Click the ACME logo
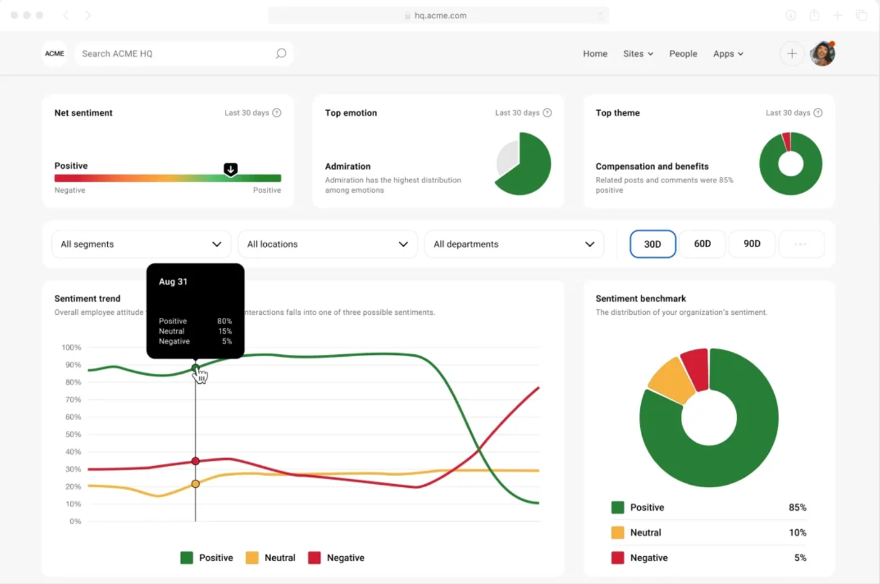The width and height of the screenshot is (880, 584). click(54, 54)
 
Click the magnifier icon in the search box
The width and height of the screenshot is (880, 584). click(281, 54)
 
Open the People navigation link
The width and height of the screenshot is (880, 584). click(683, 54)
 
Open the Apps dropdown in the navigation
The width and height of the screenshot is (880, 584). click(728, 54)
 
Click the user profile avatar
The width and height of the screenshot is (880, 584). click(822, 54)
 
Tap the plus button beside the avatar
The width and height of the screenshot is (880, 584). click(792, 54)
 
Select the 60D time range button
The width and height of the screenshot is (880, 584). click(702, 244)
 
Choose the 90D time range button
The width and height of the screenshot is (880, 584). click(752, 244)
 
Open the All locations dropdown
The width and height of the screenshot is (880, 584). click(327, 244)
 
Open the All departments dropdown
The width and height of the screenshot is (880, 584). click(514, 244)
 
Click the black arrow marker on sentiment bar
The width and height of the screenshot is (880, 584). click(230, 169)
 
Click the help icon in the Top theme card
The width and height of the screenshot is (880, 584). click(818, 113)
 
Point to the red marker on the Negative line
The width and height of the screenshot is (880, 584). click(195, 461)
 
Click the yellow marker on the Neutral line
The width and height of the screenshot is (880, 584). click(195, 484)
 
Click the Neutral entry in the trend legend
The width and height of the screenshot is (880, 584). click(271, 558)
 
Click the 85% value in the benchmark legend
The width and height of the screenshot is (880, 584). click(797, 508)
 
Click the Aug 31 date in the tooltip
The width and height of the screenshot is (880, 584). click(173, 282)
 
